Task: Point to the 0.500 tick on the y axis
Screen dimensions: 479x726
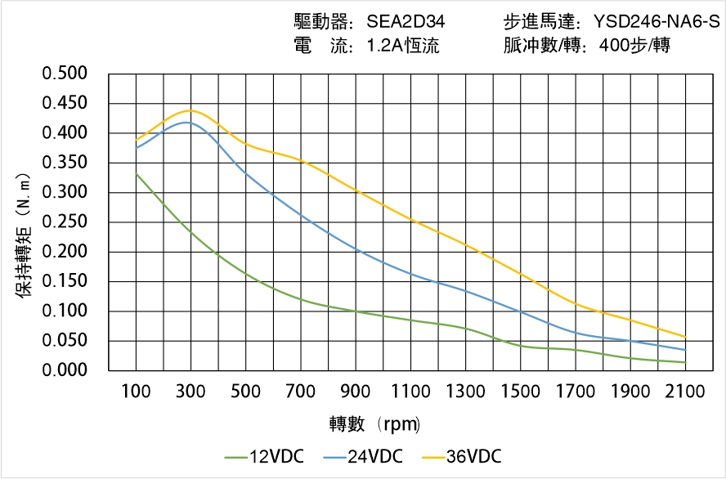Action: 64,74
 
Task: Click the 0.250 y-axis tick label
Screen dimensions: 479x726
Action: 64,222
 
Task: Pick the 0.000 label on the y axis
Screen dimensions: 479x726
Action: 64,371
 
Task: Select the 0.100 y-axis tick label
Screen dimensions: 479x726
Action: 64,311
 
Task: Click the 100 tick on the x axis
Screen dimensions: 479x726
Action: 136,392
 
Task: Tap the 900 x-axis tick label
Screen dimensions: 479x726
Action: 356,392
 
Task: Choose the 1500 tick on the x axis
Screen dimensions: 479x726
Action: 520,392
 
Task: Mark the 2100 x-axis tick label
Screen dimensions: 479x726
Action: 685,392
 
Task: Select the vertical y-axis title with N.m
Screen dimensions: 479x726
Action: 25,237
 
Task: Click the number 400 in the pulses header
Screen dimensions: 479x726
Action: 613,47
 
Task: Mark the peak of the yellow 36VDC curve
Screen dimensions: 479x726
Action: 190,110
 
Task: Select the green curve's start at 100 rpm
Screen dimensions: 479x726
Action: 136,173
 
